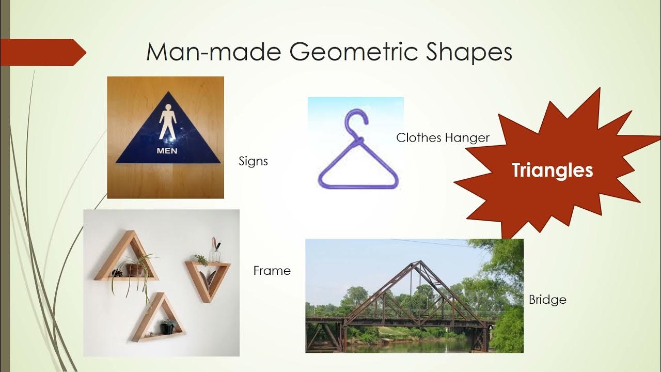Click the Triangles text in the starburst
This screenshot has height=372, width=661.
(x=552, y=170)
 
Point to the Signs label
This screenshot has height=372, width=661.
(x=253, y=161)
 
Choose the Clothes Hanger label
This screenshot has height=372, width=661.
(x=443, y=137)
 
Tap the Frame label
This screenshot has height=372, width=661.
(x=272, y=271)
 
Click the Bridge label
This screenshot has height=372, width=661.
(x=547, y=300)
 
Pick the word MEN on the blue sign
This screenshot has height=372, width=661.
(x=167, y=151)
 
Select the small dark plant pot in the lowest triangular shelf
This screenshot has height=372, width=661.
(x=167, y=327)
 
